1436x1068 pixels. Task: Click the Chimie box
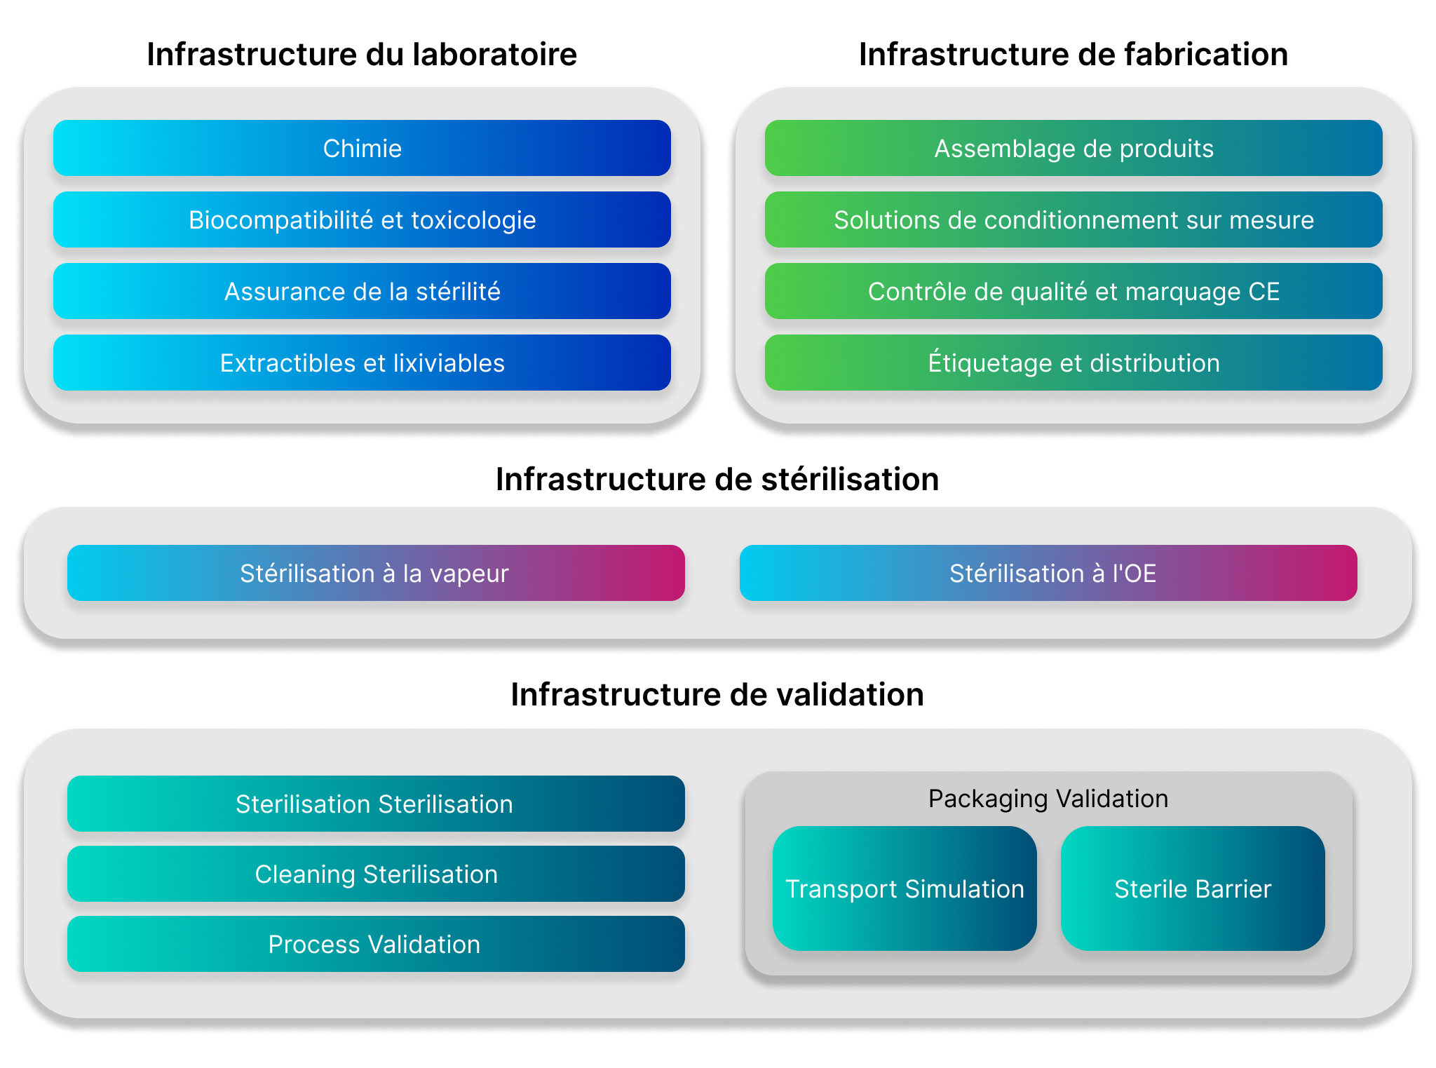click(x=362, y=148)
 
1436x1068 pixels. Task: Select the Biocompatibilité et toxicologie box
click(x=362, y=219)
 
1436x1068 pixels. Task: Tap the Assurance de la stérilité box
click(x=362, y=291)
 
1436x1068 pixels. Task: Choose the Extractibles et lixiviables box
click(x=362, y=363)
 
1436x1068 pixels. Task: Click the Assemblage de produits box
click(x=1073, y=148)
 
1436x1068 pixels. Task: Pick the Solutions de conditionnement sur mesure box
click(x=1073, y=219)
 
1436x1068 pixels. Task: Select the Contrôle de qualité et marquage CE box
click(x=1073, y=291)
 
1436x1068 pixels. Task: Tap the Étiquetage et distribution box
click(x=1073, y=363)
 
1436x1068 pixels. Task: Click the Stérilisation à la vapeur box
click(x=376, y=573)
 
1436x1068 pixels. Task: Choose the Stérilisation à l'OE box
click(x=1048, y=573)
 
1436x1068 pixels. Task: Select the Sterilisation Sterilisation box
click(x=376, y=804)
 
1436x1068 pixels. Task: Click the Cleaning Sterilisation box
click(x=376, y=874)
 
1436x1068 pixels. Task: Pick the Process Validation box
click(x=376, y=944)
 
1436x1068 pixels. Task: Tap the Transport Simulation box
click(x=905, y=888)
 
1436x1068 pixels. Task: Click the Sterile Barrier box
click(x=1193, y=888)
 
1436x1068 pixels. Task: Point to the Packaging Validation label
click(x=1048, y=799)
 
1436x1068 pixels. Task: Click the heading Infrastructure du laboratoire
click(x=362, y=55)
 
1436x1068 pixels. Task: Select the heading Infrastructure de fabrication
click(x=1073, y=55)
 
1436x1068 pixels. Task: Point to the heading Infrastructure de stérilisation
click(x=717, y=480)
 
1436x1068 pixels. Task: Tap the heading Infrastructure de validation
click(x=717, y=695)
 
